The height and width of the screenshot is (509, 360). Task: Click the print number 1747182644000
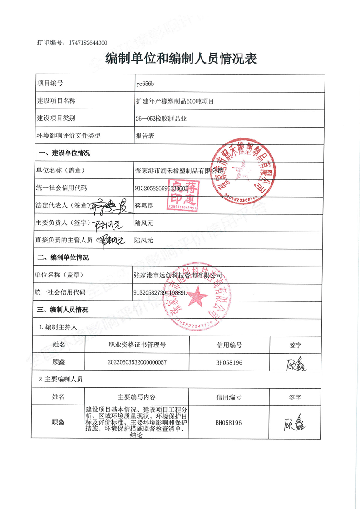pos(88,43)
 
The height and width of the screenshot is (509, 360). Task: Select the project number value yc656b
pos(145,84)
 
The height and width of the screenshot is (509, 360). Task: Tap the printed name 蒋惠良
pos(144,206)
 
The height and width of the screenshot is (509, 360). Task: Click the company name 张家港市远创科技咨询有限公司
pos(178,275)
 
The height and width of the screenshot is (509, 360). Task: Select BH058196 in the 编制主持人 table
pos(229,363)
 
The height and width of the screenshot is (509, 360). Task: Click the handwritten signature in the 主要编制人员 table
pos(296,422)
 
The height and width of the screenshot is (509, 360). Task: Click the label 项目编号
pos(50,84)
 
